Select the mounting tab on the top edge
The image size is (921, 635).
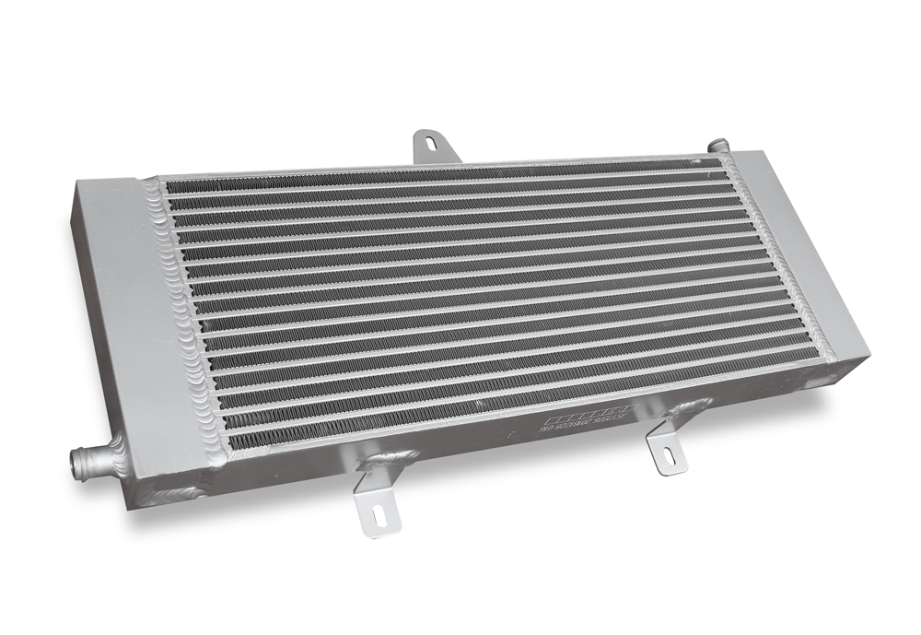point(429,142)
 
